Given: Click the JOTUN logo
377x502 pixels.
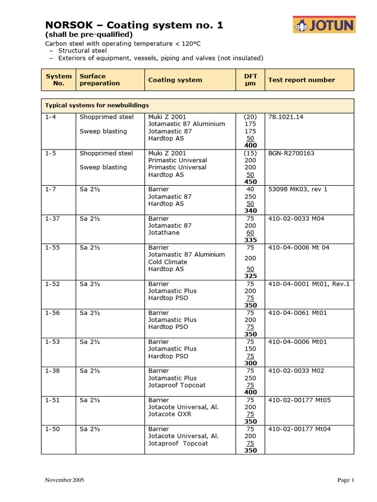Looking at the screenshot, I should [324, 25].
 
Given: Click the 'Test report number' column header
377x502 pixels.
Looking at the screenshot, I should [301, 80].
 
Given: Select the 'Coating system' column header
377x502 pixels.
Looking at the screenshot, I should [175, 80].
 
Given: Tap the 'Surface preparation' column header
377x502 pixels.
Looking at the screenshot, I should [100, 80].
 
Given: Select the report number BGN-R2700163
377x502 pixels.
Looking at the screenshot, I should [291, 153].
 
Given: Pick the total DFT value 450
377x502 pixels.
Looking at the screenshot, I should [250, 182].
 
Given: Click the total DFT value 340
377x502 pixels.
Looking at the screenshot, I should [250, 211].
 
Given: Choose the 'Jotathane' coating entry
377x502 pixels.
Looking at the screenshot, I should [164, 233].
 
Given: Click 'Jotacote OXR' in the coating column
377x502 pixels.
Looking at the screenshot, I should [170, 414].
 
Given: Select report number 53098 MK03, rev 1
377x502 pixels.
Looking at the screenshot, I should [297, 189].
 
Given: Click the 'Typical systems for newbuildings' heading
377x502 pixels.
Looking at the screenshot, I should [97, 105].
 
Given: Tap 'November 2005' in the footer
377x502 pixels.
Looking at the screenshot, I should [64, 480].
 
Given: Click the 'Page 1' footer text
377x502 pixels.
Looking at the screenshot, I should [346, 480].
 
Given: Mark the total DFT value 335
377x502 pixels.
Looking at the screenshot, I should [250, 240].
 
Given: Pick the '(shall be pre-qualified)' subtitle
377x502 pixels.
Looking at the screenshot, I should [89, 35].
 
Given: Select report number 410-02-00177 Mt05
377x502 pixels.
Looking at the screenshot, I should [299, 400].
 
